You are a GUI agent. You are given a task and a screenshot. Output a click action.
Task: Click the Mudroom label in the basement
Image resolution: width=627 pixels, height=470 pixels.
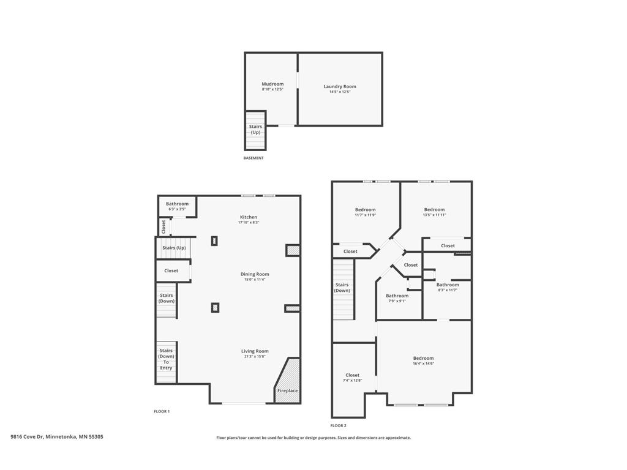pyautogui.click(x=272, y=84)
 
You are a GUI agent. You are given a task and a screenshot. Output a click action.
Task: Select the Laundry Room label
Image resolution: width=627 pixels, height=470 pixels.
pyautogui.click(x=340, y=86)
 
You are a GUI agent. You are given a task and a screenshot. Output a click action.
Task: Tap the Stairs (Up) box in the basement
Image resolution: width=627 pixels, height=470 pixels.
pyautogui.click(x=255, y=130)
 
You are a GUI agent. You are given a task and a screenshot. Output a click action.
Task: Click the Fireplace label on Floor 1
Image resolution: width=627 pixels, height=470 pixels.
pyautogui.click(x=287, y=390)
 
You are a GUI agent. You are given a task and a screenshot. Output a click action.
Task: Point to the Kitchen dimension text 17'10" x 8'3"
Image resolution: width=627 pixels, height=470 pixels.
pyautogui.click(x=249, y=223)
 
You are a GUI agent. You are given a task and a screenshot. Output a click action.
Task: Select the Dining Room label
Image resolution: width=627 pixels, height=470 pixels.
pyautogui.click(x=254, y=274)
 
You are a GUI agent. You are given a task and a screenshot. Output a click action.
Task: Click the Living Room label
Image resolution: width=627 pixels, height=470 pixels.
pyautogui.click(x=254, y=351)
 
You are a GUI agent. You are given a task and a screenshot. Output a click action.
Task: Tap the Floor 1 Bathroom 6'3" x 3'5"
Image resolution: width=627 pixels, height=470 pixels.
pyautogui.click(x=177, y=206)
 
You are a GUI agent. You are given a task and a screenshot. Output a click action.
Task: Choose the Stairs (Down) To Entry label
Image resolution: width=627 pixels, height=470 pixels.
pyautogui.click(x=167, y=359)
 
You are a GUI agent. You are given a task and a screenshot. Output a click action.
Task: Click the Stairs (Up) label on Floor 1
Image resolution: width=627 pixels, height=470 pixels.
pyautogui.click(x=174, y=248)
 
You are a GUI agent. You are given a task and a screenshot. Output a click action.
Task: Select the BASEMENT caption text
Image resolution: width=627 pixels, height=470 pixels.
pyautogui.click(x=253, y=158)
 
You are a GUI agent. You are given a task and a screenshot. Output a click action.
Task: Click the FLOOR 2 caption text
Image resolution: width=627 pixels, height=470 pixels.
pyautogui.click(x=338, y=425)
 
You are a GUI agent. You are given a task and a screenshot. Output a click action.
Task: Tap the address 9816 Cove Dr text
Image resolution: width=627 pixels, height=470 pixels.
pyautogui.click(x=57, y=437)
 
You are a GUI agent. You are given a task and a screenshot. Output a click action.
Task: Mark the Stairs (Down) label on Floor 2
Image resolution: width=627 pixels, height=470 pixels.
pyautogui.click(x=342, y=288)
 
